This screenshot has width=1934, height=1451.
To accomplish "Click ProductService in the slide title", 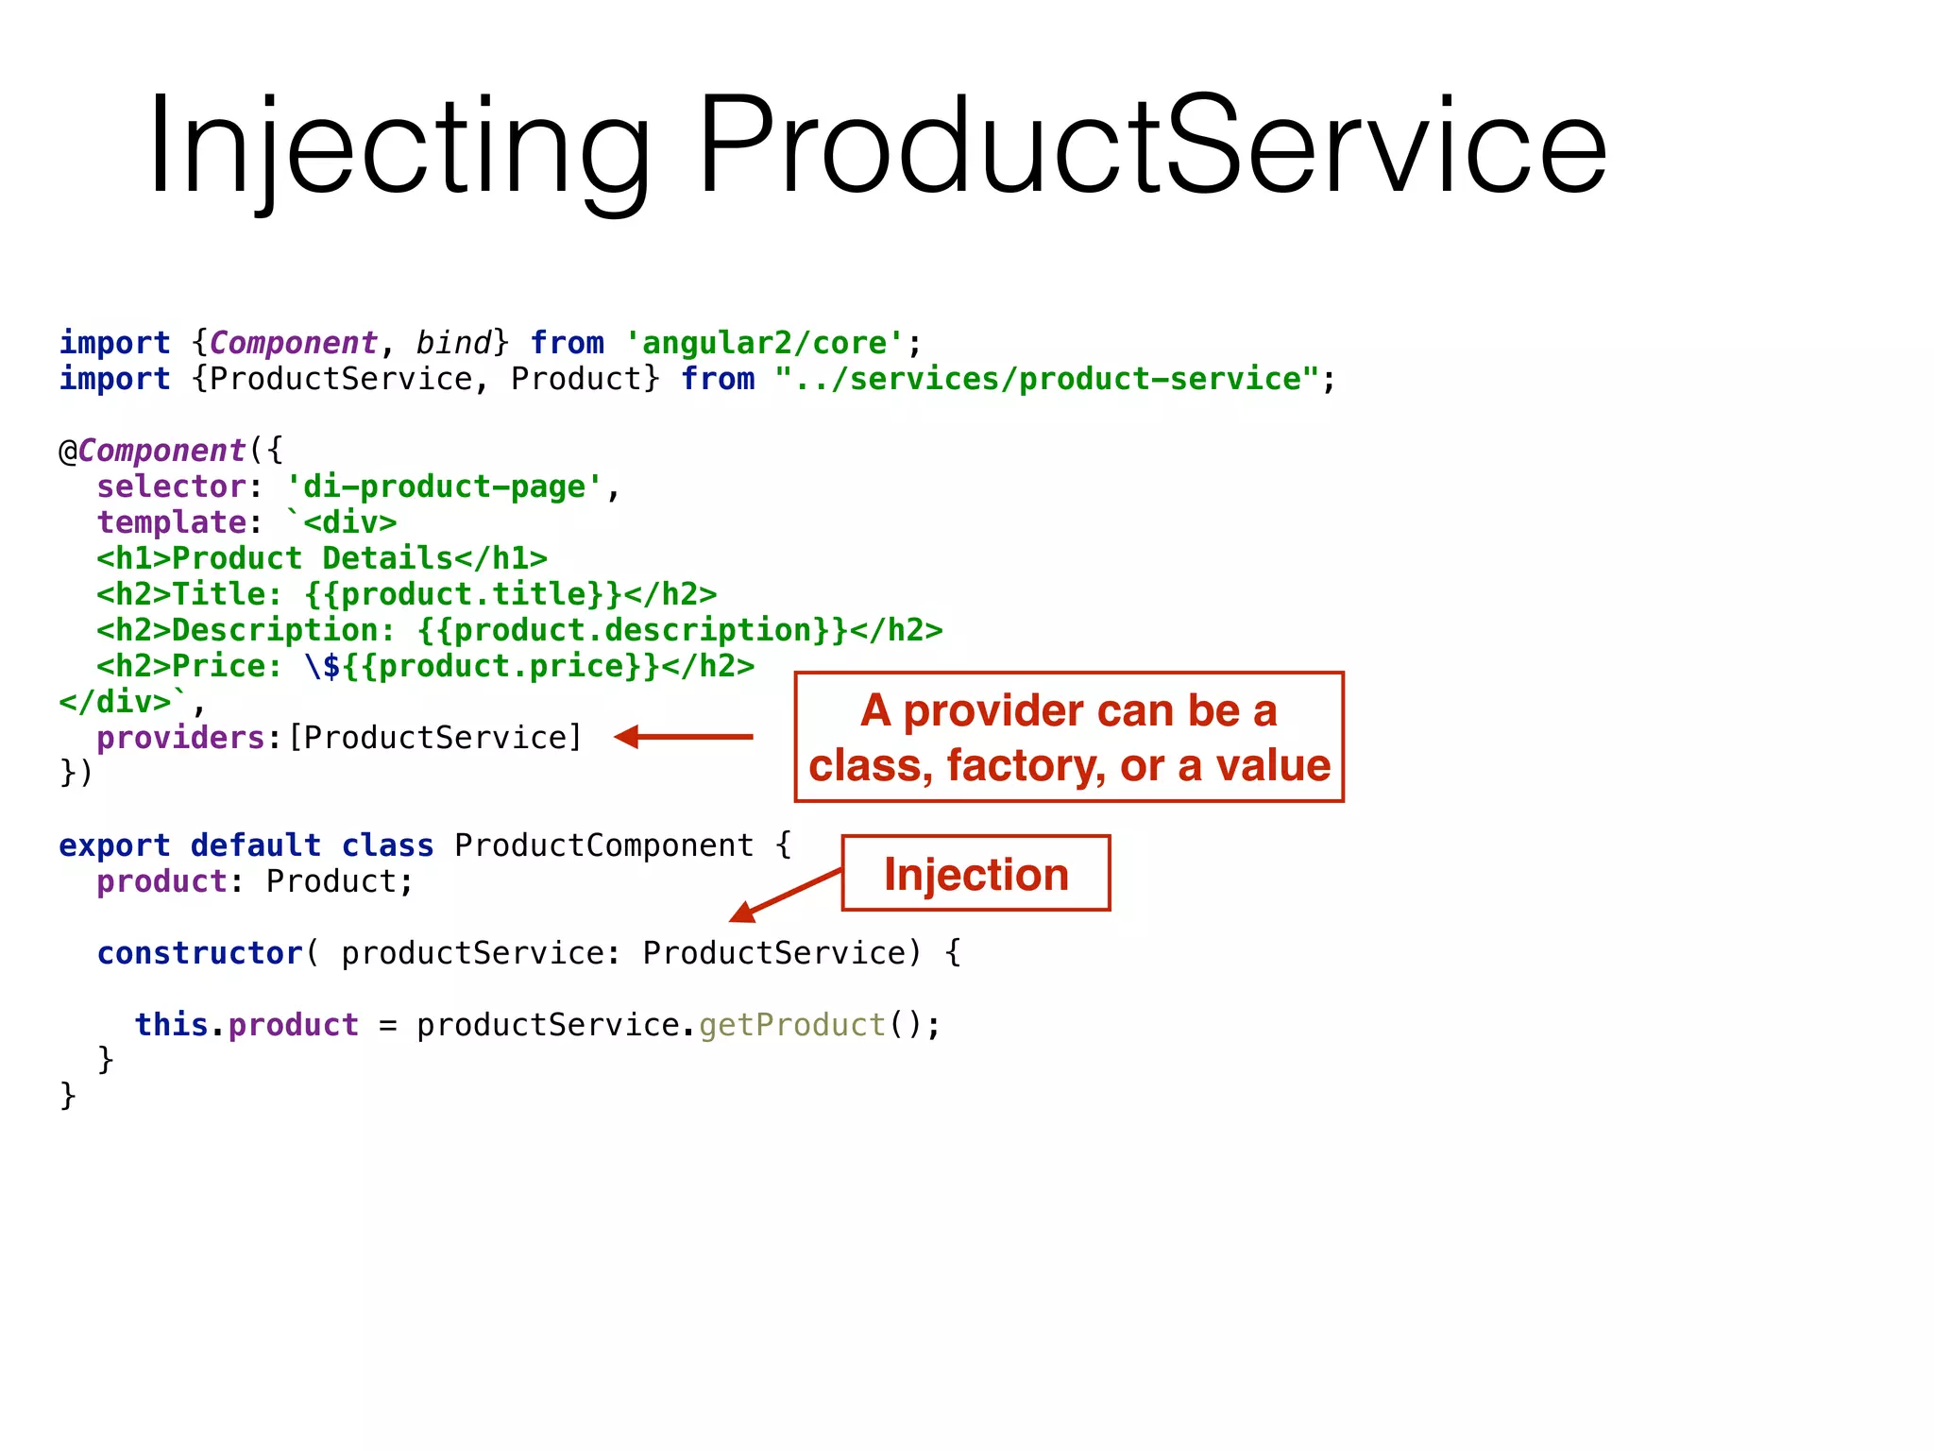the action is tap(1151, 146).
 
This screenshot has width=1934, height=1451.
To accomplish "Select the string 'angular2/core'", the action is tap(765, 343).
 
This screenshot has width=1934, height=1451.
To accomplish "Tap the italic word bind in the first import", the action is tap(453, 343).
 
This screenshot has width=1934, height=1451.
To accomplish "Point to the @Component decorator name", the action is tap(161, 451).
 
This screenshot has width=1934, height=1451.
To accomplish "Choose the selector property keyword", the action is tap(171, 487).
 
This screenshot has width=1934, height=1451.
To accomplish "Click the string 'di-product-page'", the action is tap(444, 487).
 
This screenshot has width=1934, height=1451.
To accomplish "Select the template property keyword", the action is tap(171, 522).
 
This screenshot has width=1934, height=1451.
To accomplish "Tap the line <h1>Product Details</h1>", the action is tap(321, 558).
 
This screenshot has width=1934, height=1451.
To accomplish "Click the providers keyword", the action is tap(180, 738).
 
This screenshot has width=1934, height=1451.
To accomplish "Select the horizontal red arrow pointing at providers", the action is tap(684, 737).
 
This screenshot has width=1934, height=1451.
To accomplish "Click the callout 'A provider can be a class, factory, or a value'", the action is tap(1069, 738).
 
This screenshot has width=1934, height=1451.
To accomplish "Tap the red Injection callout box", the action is tap(975, 874).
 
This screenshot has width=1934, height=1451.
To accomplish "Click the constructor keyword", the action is tap(199, 953).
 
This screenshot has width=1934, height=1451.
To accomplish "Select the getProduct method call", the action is tap(791, 1025).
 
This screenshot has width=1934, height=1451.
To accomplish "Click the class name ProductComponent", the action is tap(603, 845).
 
